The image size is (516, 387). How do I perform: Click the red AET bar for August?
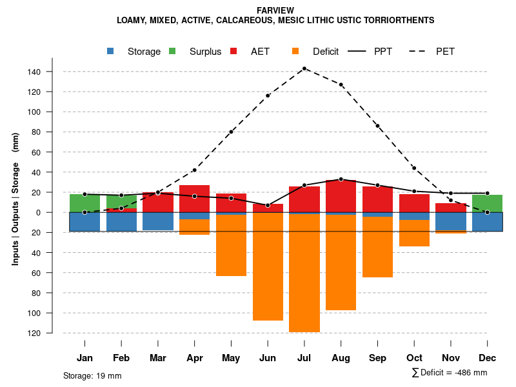pyautogui.click(x=341, y=196)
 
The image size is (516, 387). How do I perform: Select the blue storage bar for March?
pyautogui.click(x=158, y=221)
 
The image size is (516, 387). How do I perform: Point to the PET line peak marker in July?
pyautogui.click(x=304, y=68)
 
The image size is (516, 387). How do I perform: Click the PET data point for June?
pyautogui.click(x=268, y=95)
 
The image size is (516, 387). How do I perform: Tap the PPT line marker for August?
pyautogui.click(x=341, y=179)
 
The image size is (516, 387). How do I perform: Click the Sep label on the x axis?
pyautogui.click(x=377, y=358)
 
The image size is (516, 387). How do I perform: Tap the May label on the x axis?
pyautogui.click(x=231, y=358)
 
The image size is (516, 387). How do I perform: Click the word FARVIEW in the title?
pyautogui.click(x=275, y=11)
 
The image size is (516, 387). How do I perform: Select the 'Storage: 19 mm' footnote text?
pyautogui.click(x=92, y=375)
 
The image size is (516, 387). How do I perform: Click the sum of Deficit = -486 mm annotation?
pyautogui.click(x=450, y=373)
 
